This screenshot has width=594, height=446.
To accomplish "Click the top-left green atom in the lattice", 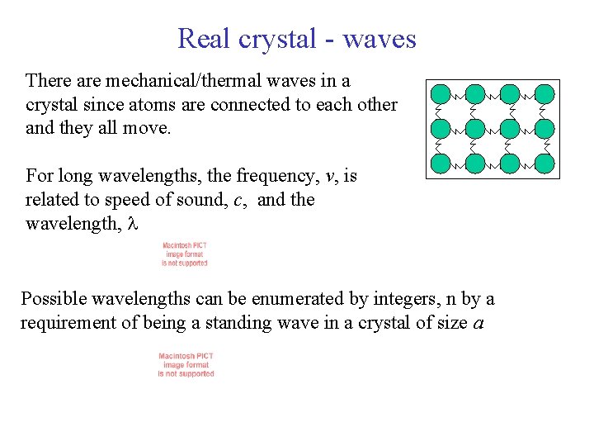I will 441,93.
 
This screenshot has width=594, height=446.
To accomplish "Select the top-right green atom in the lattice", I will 544,93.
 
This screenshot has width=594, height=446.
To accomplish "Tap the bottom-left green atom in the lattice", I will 441,164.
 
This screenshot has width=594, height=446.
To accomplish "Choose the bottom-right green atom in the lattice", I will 544,164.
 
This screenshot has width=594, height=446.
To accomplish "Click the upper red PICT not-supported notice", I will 185,254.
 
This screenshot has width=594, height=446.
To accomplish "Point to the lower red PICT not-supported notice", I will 186,365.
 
